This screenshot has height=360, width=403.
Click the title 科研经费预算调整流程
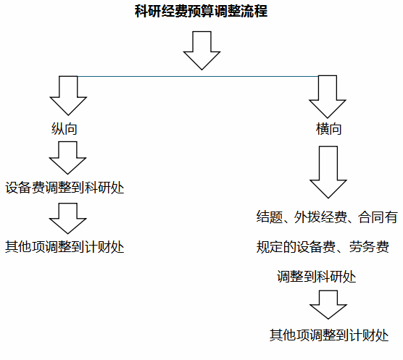click(201, 12)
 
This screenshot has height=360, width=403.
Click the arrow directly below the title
click(201, 51)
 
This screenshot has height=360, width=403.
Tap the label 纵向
click(65, 129)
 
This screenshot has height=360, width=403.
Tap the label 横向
click(329, 129)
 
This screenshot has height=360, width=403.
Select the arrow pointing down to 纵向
click(68, 96)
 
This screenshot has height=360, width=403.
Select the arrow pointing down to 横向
click(328, 97)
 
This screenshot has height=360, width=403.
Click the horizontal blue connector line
click(198, 76)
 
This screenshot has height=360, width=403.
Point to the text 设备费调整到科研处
click(65, 188)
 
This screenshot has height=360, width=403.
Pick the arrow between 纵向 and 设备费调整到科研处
click(67, 158)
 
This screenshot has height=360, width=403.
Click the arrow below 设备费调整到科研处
click(67, 219)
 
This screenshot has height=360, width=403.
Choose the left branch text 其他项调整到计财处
click(65, 247)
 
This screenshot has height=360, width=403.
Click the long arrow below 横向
click(328, 172)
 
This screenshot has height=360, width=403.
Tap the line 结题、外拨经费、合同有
click(327, 217)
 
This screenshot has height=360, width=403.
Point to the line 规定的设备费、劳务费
click(323, 247)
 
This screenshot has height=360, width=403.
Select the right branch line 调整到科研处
click(317, 277)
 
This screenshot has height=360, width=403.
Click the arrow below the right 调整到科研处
click(328, 305)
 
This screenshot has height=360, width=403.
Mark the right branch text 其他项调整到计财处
click(329, 335)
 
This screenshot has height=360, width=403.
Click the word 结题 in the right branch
click(270, 217)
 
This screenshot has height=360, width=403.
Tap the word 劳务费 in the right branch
click(369, 247)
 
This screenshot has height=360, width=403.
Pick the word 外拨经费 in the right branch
click(320, 217)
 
